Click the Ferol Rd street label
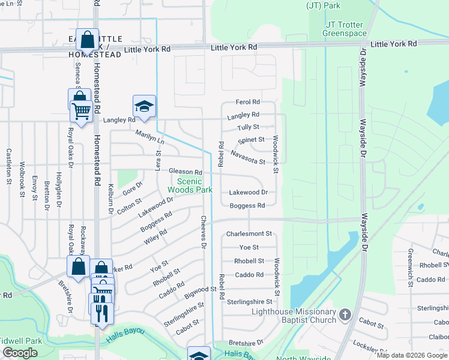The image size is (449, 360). pos(247,103)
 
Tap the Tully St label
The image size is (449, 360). pos(248,127)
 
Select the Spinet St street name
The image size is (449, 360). pos(251,140)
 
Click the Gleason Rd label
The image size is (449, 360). pos(185,172)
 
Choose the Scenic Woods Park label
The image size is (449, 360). pos(194,185)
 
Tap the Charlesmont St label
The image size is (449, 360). pos(249,234)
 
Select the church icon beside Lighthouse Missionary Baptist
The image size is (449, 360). pos(345,314)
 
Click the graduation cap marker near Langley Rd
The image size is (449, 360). pos(144,107)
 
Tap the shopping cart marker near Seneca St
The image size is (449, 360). pos(81,110)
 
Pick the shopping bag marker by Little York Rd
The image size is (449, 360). pos(88,40)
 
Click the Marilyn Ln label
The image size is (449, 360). pos(149,137)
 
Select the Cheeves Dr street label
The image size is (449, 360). pos(203,232)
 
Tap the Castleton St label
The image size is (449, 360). pos(9,166)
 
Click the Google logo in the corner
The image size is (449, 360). pos(20,353)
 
